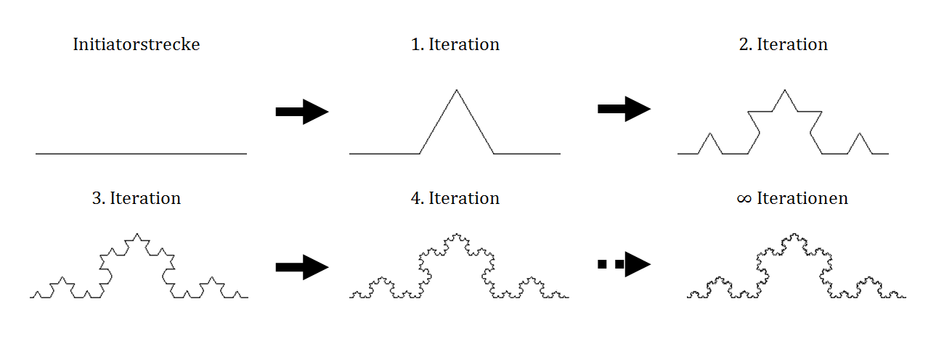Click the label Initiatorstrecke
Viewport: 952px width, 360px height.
137,44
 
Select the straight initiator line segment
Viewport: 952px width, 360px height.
141,154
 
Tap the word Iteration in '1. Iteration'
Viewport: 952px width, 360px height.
464,44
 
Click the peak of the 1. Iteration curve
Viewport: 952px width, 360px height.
456,91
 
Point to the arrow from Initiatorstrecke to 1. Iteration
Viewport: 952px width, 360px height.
302,112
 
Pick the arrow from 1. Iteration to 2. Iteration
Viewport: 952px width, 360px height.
624,109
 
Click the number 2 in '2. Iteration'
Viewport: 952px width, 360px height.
744,44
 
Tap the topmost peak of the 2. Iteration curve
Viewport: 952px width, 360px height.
784,91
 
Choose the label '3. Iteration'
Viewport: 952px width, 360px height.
137,198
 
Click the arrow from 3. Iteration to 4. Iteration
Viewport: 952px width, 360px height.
302,267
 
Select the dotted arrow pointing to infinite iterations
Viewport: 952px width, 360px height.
624,265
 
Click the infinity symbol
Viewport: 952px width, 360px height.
744,199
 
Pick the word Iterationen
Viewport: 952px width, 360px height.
802,198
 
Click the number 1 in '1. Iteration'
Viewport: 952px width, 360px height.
416,44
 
